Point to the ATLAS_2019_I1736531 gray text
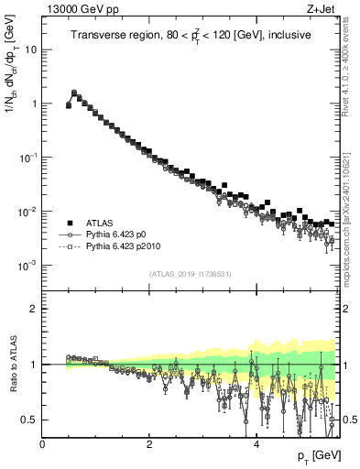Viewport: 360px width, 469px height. pyautogui.click(x=191, y=274)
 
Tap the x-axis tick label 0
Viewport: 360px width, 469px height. pyautogui.click(x=43, y=444)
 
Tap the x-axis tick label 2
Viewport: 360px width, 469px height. pyautogui.click(x=149, y=444)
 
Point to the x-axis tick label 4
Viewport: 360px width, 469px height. pyautogui.click(x=256, y=444)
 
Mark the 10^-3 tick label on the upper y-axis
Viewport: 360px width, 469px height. pyautogui.click(x=27, y=266)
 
